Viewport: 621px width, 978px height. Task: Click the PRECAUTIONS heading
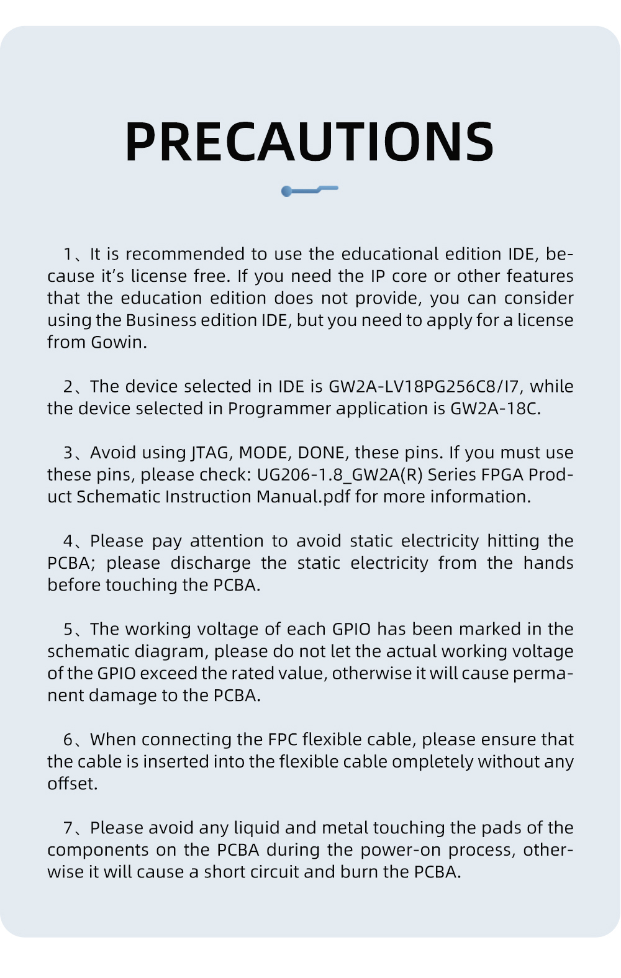click(309, 142)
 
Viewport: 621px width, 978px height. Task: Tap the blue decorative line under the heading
click(309, 189)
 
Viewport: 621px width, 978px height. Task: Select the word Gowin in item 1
click(117, 342)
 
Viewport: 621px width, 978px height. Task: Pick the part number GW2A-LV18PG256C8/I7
click(426, 386)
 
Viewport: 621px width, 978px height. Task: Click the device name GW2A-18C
click(494, 409)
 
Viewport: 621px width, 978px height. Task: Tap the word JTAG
click(211, 453)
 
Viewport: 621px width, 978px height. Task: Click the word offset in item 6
click(71, 784)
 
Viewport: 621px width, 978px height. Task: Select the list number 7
click(68, 828)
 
